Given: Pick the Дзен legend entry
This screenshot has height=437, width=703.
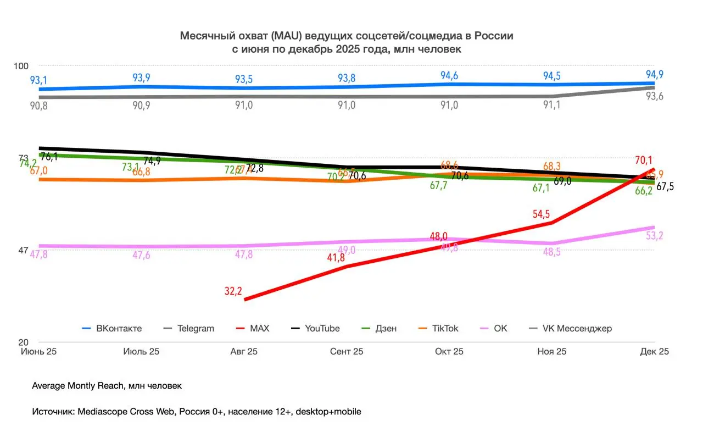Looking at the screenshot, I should pos(385,328).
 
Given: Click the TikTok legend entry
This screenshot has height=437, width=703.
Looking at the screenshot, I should pos(445,328).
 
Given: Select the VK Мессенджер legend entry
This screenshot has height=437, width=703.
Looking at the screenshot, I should pos(577,328).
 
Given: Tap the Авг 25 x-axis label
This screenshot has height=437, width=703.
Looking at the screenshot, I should pos(243,352).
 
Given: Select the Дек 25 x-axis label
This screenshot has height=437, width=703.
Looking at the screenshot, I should pos(655,352).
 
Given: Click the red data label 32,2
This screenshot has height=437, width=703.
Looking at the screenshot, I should pos(233,292).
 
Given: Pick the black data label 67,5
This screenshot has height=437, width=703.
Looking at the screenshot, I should pos(665,187).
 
